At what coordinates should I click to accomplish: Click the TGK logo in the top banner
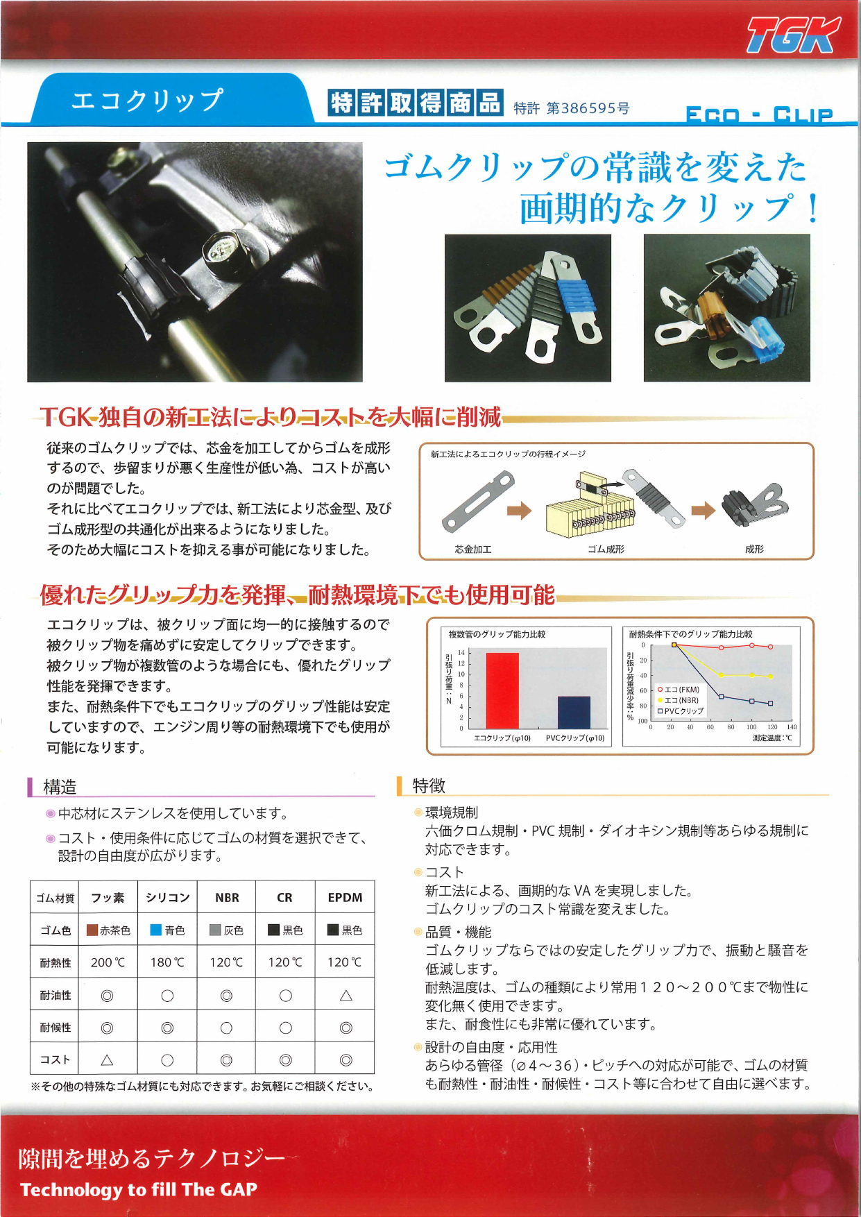tap(792, 37)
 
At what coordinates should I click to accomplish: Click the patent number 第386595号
tap(588, 108)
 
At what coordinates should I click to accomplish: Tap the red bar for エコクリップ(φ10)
tap(502, 690)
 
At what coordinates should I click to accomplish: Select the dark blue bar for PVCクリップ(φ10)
tap(574, 712)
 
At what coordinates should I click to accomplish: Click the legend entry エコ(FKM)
tap(681, 690)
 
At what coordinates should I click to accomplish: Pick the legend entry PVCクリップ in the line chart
tap(683, 711)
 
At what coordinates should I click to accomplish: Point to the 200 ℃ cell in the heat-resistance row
tap(108, 962)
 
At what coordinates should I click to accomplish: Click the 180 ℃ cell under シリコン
tap(167, 962)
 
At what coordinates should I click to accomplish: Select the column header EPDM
tap(345, 898)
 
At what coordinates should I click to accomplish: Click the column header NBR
tap(227, 898)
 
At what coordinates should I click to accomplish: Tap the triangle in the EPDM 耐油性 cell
tap(346, 996)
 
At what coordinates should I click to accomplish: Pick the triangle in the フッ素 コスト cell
tap(107, 1059)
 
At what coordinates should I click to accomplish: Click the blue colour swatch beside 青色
tap(156, 930)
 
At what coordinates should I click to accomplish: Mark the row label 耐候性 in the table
tap(55, 1028)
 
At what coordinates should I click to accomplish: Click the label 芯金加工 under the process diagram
tap(473, 549)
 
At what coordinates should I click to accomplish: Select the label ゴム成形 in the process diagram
tap(606, 549)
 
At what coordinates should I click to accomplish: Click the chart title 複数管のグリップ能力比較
tap(497, 634)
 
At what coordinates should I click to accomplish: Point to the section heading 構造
tap(60, 787)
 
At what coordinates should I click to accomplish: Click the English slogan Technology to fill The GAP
tap(139, 1190)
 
